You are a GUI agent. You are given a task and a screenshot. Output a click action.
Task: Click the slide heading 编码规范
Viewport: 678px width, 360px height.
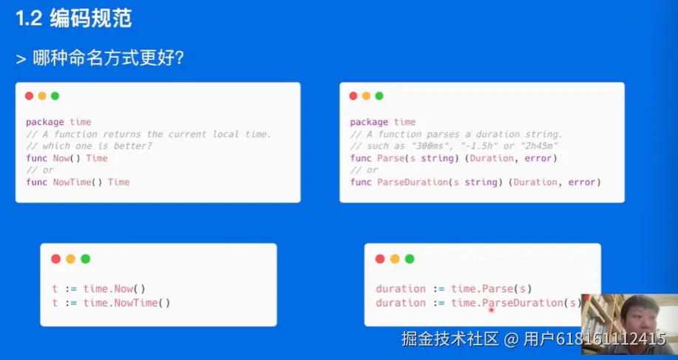pos(90,19)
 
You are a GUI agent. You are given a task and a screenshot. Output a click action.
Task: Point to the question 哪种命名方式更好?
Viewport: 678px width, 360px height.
pos(109,58)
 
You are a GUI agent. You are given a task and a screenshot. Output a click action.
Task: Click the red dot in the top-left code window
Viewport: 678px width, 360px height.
pos(29,96)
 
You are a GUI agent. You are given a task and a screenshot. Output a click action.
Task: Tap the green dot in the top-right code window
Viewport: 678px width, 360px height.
pos(379,96)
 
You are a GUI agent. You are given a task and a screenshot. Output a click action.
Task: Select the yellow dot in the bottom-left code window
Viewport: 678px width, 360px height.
pos(70,259)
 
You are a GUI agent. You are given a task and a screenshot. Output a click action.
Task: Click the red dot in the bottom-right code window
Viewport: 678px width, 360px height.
pos(380,259)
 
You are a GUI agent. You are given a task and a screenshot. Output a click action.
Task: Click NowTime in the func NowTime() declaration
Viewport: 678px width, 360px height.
pos(72,183)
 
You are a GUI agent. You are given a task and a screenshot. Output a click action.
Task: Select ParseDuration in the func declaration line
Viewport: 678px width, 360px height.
pos(413,183)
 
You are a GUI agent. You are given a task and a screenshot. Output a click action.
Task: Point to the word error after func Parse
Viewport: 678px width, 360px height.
pos(538,158)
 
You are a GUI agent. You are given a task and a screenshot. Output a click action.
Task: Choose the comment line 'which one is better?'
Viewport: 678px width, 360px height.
pos(92,146)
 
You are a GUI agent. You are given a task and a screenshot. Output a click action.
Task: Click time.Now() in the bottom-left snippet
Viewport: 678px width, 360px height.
pos(114,289)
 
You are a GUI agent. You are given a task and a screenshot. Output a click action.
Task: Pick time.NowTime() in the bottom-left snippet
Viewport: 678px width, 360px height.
pos(126,303)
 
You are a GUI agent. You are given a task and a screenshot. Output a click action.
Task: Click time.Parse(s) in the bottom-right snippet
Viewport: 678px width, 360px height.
pos(491,289)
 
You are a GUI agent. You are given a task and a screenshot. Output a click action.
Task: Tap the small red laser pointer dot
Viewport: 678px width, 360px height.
pos(491,310)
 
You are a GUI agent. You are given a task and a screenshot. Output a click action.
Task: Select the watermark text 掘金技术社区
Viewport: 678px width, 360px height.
pos(450,339)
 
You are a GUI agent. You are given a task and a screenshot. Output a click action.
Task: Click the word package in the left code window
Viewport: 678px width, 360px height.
pos(45,122)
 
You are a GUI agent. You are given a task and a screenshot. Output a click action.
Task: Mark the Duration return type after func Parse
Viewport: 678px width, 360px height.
pos(492,158)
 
